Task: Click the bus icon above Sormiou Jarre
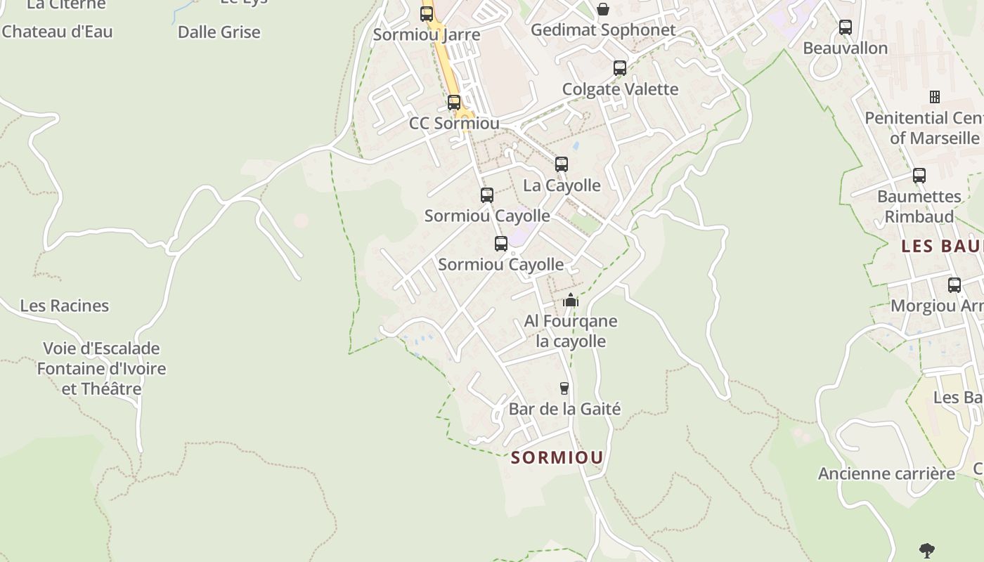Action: [x=427, y=13]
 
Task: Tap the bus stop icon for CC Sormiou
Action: [x=454, y=103]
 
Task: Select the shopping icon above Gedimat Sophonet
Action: [x=603, y=9]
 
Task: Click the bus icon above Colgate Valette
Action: [x=620, y=68]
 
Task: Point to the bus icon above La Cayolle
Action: [x=562, y=164]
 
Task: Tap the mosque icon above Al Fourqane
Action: [x=571, y=301]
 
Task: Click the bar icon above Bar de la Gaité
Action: [x=564, y=388]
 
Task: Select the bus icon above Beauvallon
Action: [x=846, y=27]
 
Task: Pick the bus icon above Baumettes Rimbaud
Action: [x=919, y=176]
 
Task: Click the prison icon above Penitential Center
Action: [x=935, y=96]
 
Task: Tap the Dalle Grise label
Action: [x=219, y=32]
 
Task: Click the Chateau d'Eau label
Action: [x=57, y=32]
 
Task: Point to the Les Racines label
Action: [x=65, y=306]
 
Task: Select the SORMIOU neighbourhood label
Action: [x=557, y=458]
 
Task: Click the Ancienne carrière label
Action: [x=886, y=473]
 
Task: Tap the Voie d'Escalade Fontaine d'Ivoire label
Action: [x=101, y=368]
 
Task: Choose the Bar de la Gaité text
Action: [x=564, y=409]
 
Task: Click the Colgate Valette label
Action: [x=620, y=89]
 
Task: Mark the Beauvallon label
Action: [x=845, y=48]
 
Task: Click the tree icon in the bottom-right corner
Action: [x=927, y=550]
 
